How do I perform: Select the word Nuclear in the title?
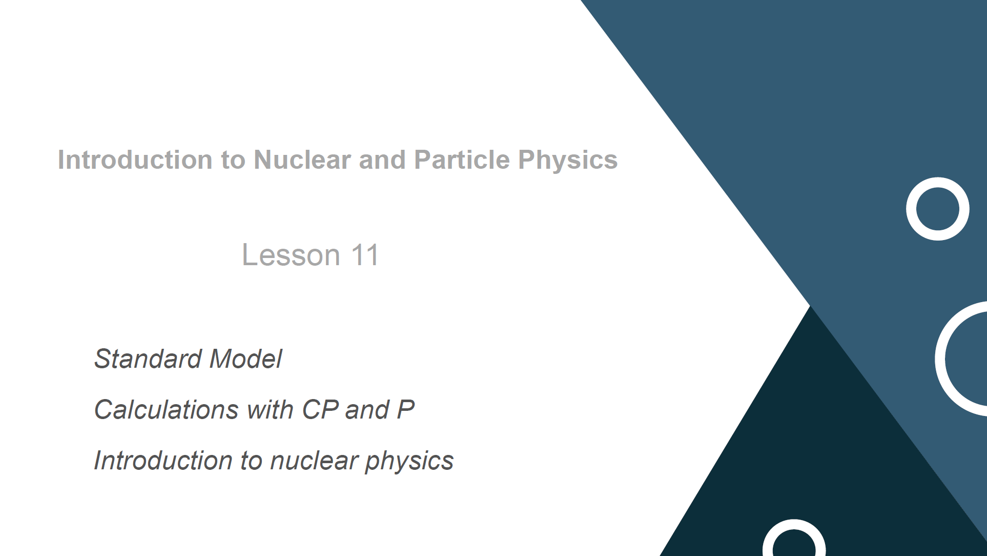click(x=302, y=160)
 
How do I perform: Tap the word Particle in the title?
click(x=462, y=160)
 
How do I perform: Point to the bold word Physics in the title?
click(x=568, y=161)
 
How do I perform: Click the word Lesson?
click(x=291, y=255)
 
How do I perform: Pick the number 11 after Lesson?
click(x=365, y=255)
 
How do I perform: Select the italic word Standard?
click(x=148, y=359)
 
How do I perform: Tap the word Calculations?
click(x=167, y=409)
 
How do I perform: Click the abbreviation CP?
click(x=320, y=409)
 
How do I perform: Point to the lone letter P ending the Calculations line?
click(x=406, y=409)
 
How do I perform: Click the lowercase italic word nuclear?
click(x=314, y=461)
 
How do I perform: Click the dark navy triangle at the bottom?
click(x=820, y=462)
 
